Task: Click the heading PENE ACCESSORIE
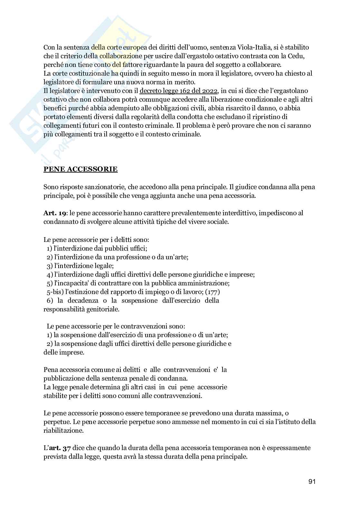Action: [81, 169]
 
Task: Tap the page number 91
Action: [312, 481]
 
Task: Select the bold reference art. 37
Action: [60, 448]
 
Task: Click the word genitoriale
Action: [103, 309]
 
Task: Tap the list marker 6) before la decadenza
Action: [50, 300]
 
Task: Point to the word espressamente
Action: [286, 448]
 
